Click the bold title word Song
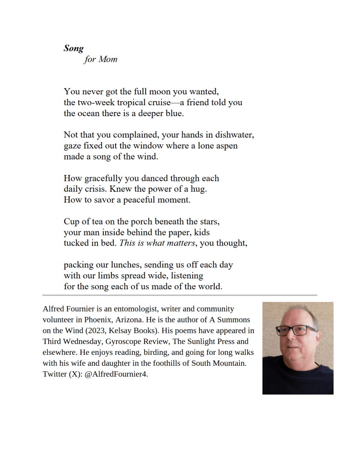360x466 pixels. pos(73,48)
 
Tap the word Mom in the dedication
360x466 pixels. pos(108,59)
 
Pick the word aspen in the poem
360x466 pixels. pos(226,146)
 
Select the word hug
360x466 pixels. pos(205,189)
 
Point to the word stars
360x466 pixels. pos(209,222)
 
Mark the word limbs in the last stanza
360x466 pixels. pos(110,276)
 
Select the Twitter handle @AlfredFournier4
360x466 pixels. pos(117,374)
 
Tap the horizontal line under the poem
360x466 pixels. pos(180,295)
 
